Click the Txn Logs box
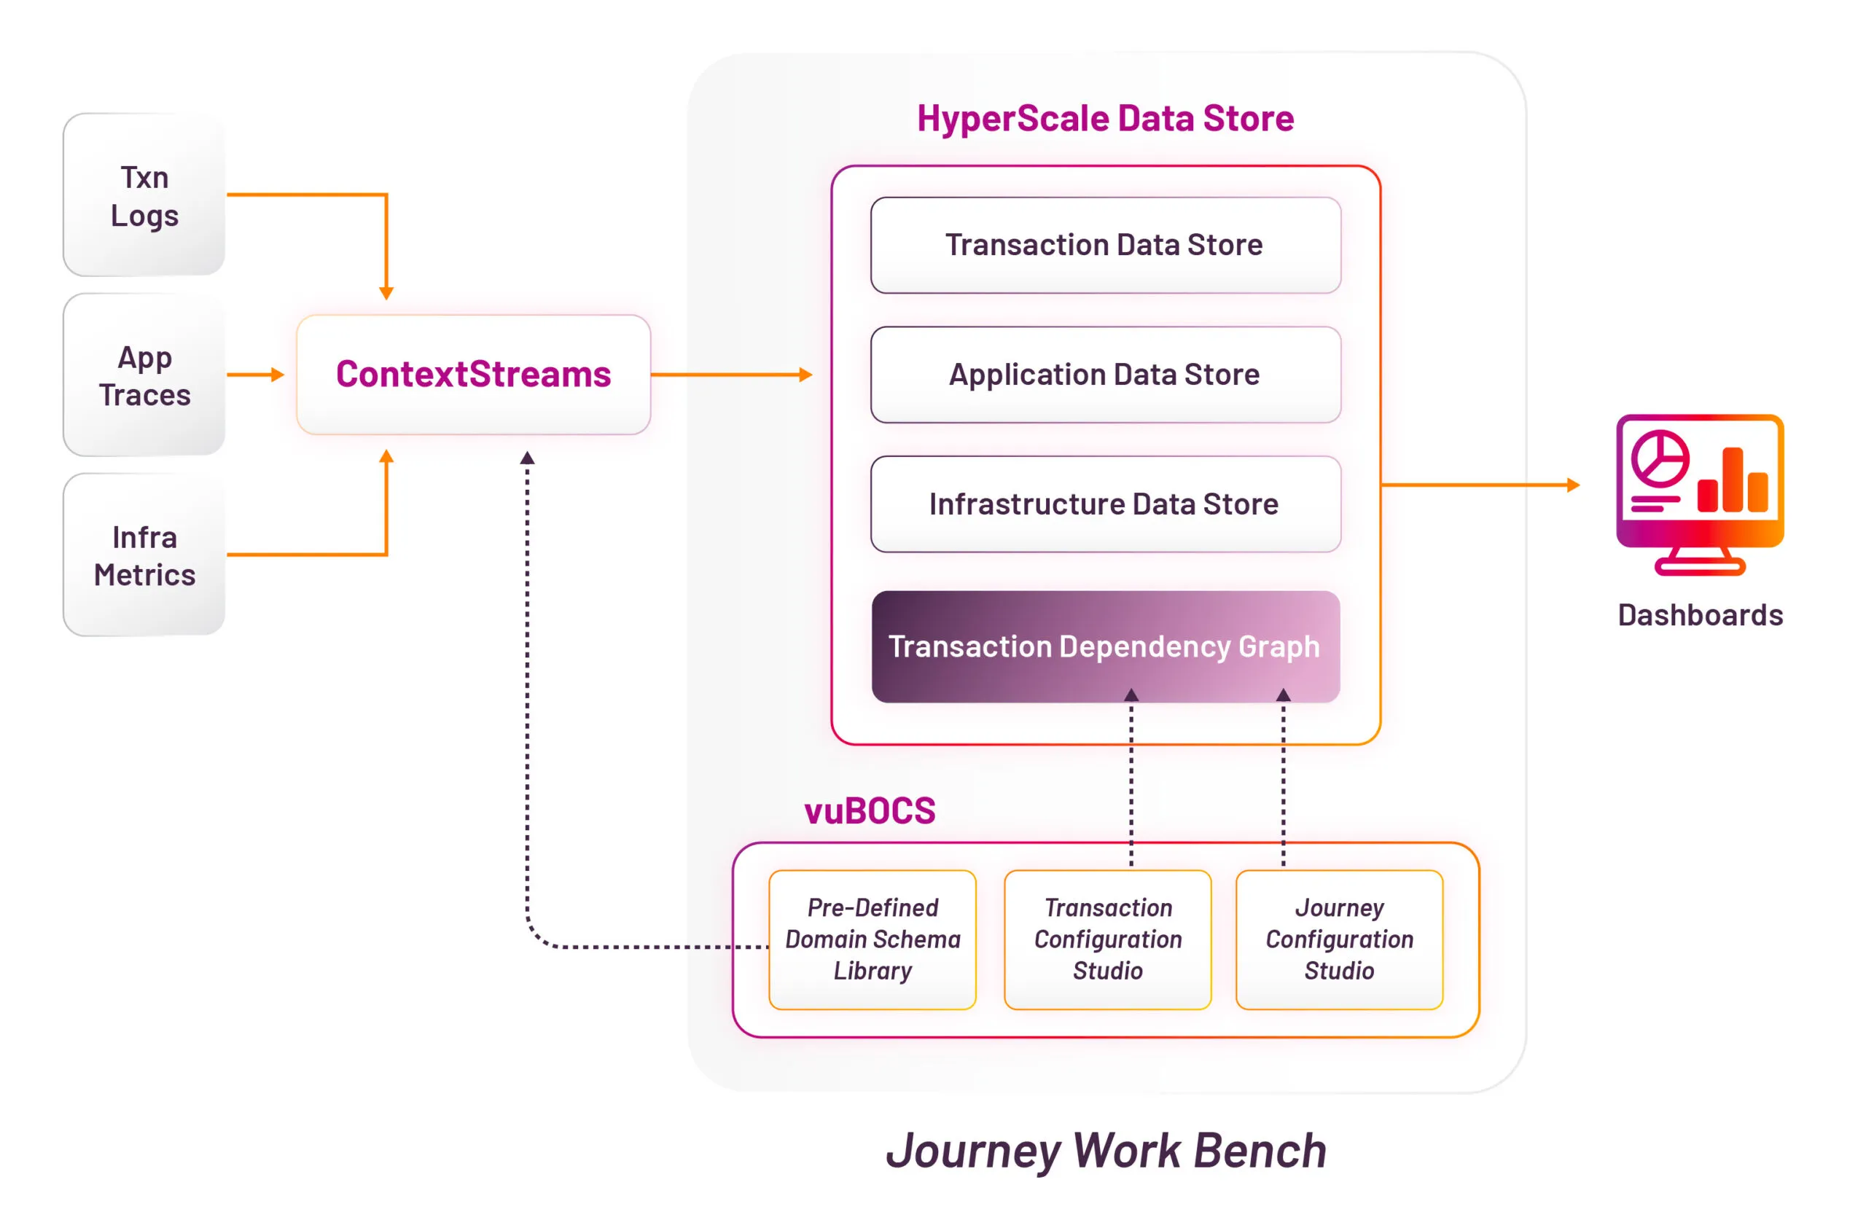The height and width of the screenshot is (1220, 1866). (x=144, y=195)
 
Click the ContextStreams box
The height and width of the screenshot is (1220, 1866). (x=474, y=374)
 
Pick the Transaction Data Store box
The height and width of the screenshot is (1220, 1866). (x=1105, y=245)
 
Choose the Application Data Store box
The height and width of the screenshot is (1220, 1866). (x=1105, y=374)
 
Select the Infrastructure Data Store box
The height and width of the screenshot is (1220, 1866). (x=1105, y=504)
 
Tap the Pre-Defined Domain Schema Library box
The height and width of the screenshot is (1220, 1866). (x=873, y=939)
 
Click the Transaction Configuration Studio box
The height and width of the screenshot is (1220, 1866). (x=1107, y=939)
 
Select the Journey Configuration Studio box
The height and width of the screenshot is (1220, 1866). (x=1339, y=939)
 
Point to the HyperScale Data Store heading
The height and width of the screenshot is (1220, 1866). (x=1106, y=118)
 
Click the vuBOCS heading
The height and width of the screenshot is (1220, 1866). (x=870, y=810)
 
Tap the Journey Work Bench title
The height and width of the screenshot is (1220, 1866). (x=1106, y=1151)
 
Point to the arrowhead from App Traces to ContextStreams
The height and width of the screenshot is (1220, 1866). (x=277, y=375)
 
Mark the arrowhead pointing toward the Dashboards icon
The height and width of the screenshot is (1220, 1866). (x=1573, y=485)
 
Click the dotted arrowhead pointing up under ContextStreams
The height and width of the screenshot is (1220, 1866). (x=527, y=457)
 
